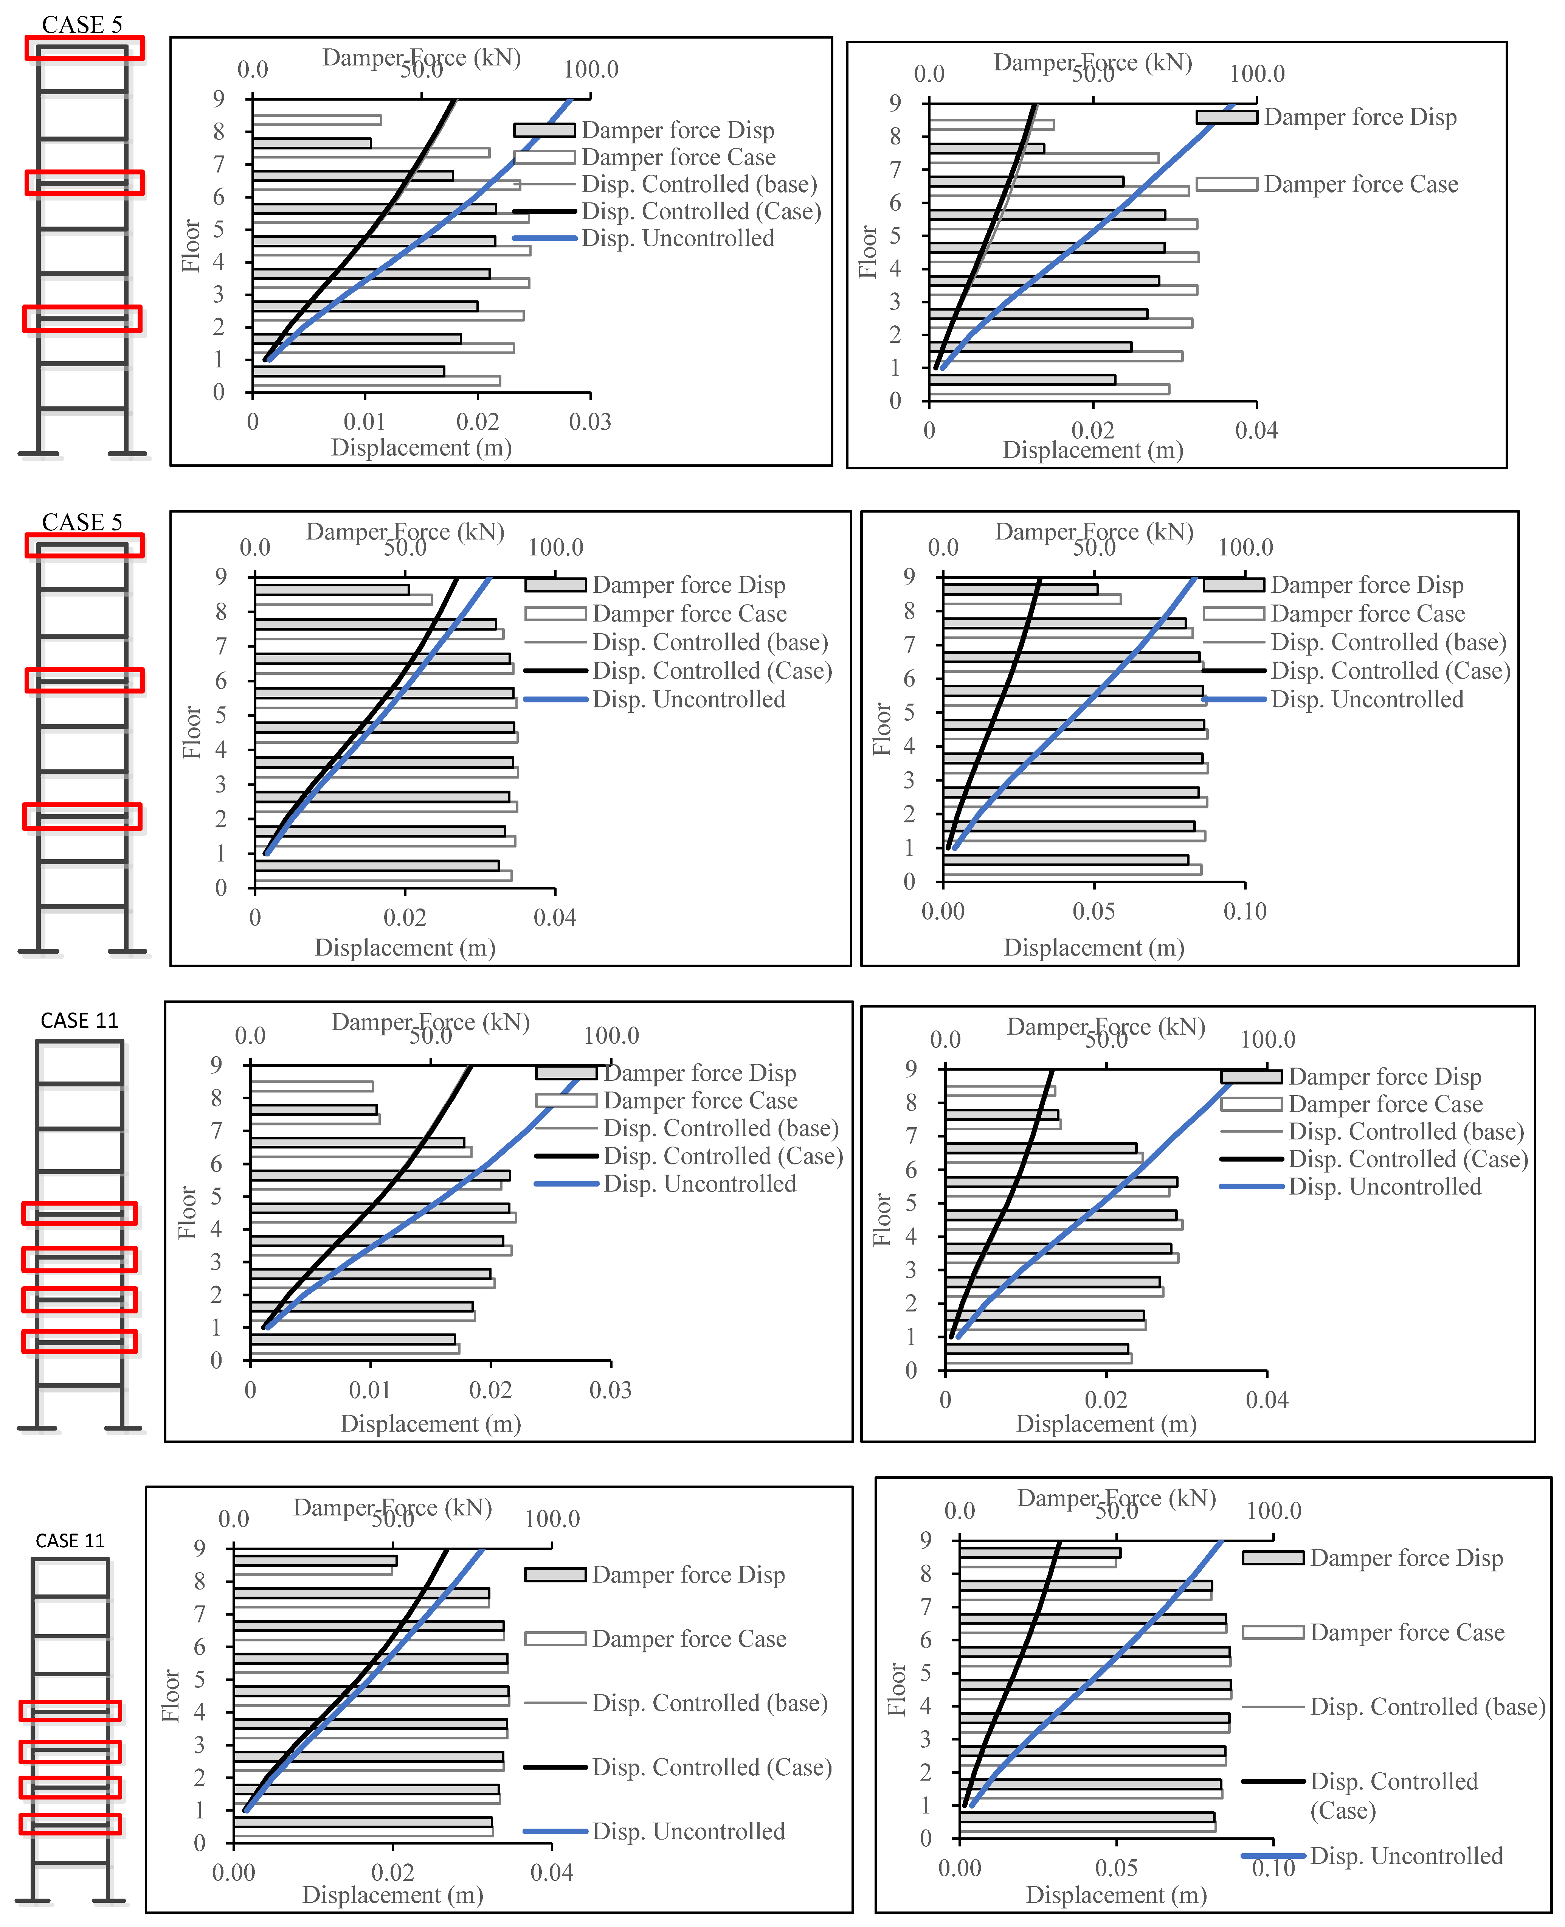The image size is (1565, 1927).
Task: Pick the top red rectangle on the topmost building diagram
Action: pyautogui.click(x=84, y=48)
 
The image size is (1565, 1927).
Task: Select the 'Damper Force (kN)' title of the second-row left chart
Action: pyautogui.click(x=405, y=532)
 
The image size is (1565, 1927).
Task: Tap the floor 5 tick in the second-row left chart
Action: pyautogui.click(x=221, y=715)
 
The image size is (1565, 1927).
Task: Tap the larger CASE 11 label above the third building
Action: pyautogui.click(x=79, y=1021)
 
